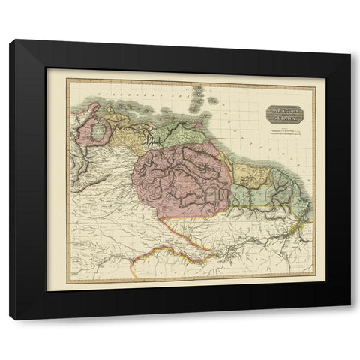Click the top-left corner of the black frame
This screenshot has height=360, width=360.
[9, 39]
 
